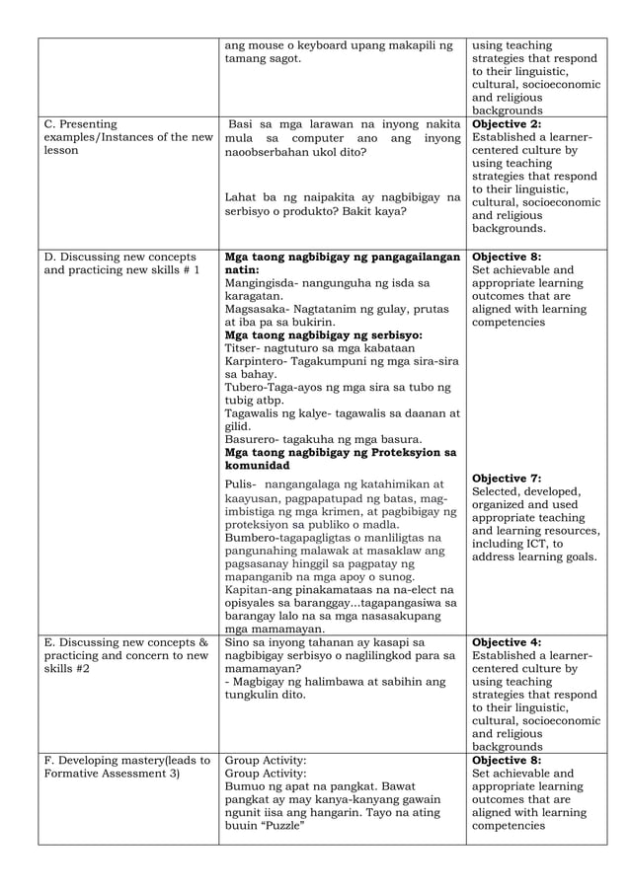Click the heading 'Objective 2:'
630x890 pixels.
[x=507, y=124]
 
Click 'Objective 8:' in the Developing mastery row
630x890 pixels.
[x=507, y=761]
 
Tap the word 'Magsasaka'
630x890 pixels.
[x=255, y=308]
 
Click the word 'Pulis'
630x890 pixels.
[x=240, y=484]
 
